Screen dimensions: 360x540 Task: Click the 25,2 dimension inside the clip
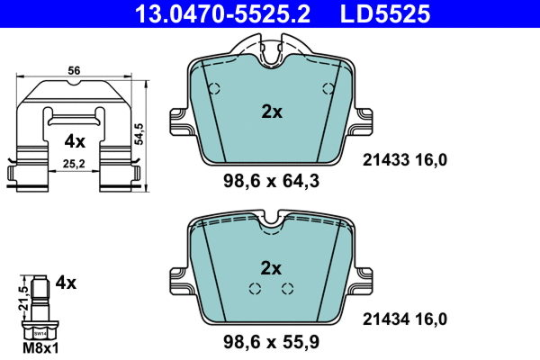(75, 164)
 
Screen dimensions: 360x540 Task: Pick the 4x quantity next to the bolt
(66, 282)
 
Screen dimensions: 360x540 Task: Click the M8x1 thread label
(39, 347)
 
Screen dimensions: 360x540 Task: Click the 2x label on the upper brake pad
(271, 112)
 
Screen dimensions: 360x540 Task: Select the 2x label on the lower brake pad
(271, 267)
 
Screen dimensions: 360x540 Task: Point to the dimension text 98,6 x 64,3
(271, 181)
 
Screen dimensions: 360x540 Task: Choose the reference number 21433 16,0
(404, 160)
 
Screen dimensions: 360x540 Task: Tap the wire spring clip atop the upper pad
(271, 49)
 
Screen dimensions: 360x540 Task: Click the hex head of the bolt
(39, 328)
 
